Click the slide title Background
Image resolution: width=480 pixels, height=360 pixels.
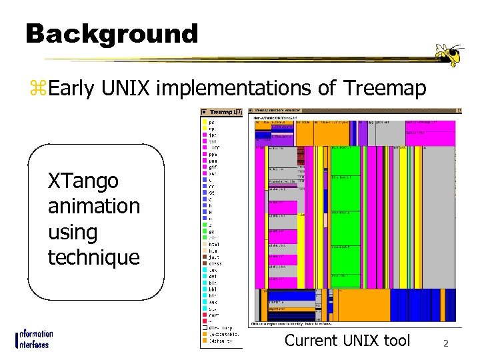click(111, 33)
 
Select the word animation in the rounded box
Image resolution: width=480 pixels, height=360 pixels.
click(94, 207)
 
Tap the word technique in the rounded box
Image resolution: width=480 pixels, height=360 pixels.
click(94, 257)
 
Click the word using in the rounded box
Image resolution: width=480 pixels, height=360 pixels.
click(73, 233)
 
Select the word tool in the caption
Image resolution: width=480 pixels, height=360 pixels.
click(397, 341)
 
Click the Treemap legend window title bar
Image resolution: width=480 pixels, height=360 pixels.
click(223, 112)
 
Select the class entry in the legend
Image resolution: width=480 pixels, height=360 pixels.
click(214, 263)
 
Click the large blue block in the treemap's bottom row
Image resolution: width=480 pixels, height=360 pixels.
click(291, 296)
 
